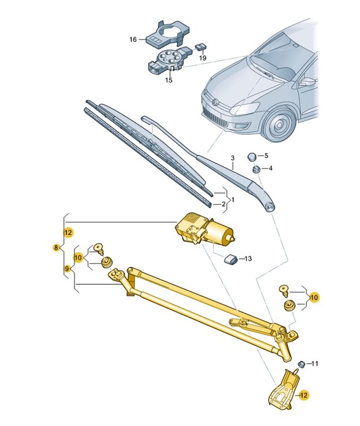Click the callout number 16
(133, 39)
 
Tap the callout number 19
(202, 58)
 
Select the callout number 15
(168, 80)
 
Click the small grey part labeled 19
(201, 46)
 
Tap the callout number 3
(232, 159)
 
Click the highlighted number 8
(56, 248)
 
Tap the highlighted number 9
(67, 269)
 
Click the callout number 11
(314, 364)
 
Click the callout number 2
(223, 204)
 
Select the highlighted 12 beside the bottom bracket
(303, 395)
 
